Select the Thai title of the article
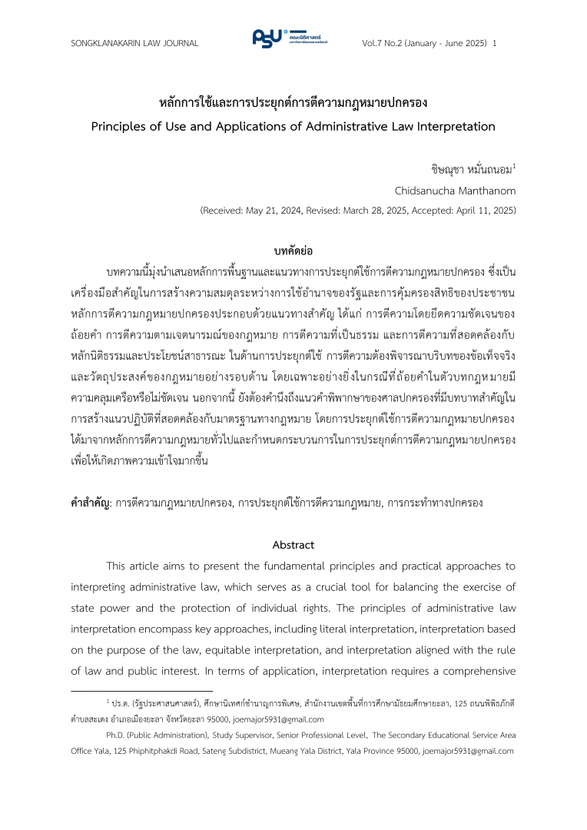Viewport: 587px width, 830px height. pos(293,102)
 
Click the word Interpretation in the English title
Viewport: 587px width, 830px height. pos(445,126)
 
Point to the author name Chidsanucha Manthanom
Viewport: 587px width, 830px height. pos(455,190)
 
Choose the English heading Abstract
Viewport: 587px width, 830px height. pos(293,545)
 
